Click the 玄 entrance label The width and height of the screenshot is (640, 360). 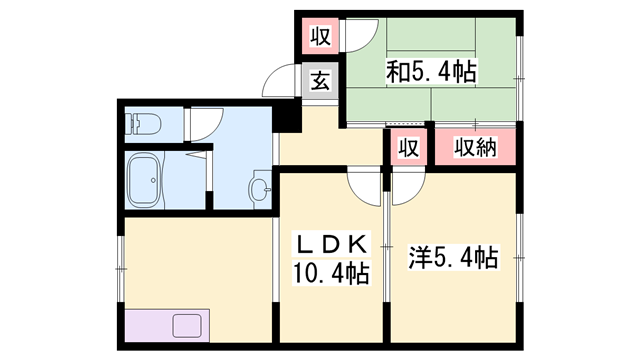319,81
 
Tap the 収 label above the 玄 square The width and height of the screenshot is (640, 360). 319,39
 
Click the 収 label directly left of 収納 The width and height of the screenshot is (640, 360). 408,148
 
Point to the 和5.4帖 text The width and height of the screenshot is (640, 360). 431,71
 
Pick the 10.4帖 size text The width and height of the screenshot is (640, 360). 331,272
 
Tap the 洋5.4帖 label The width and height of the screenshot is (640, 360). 453,258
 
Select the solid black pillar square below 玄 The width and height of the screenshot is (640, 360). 288,118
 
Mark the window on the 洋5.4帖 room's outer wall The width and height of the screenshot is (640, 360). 521,258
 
